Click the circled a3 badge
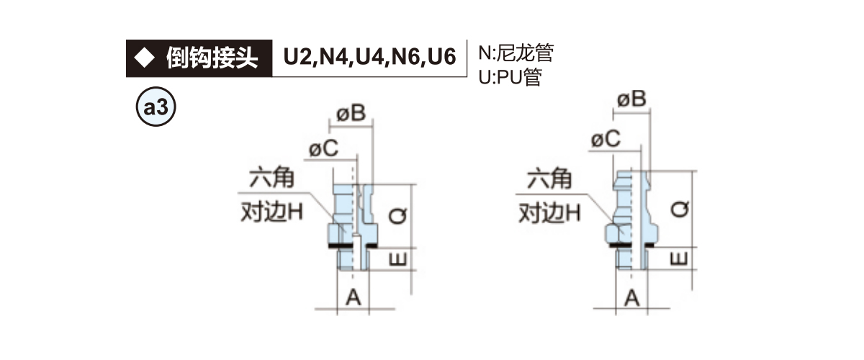click(x=156, y=109)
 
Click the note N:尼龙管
click(x=516, y=53)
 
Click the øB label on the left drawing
click(x=352, y=113)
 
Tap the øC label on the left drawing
click(x=323, y=149)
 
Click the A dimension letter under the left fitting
click(x=354, y=296)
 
